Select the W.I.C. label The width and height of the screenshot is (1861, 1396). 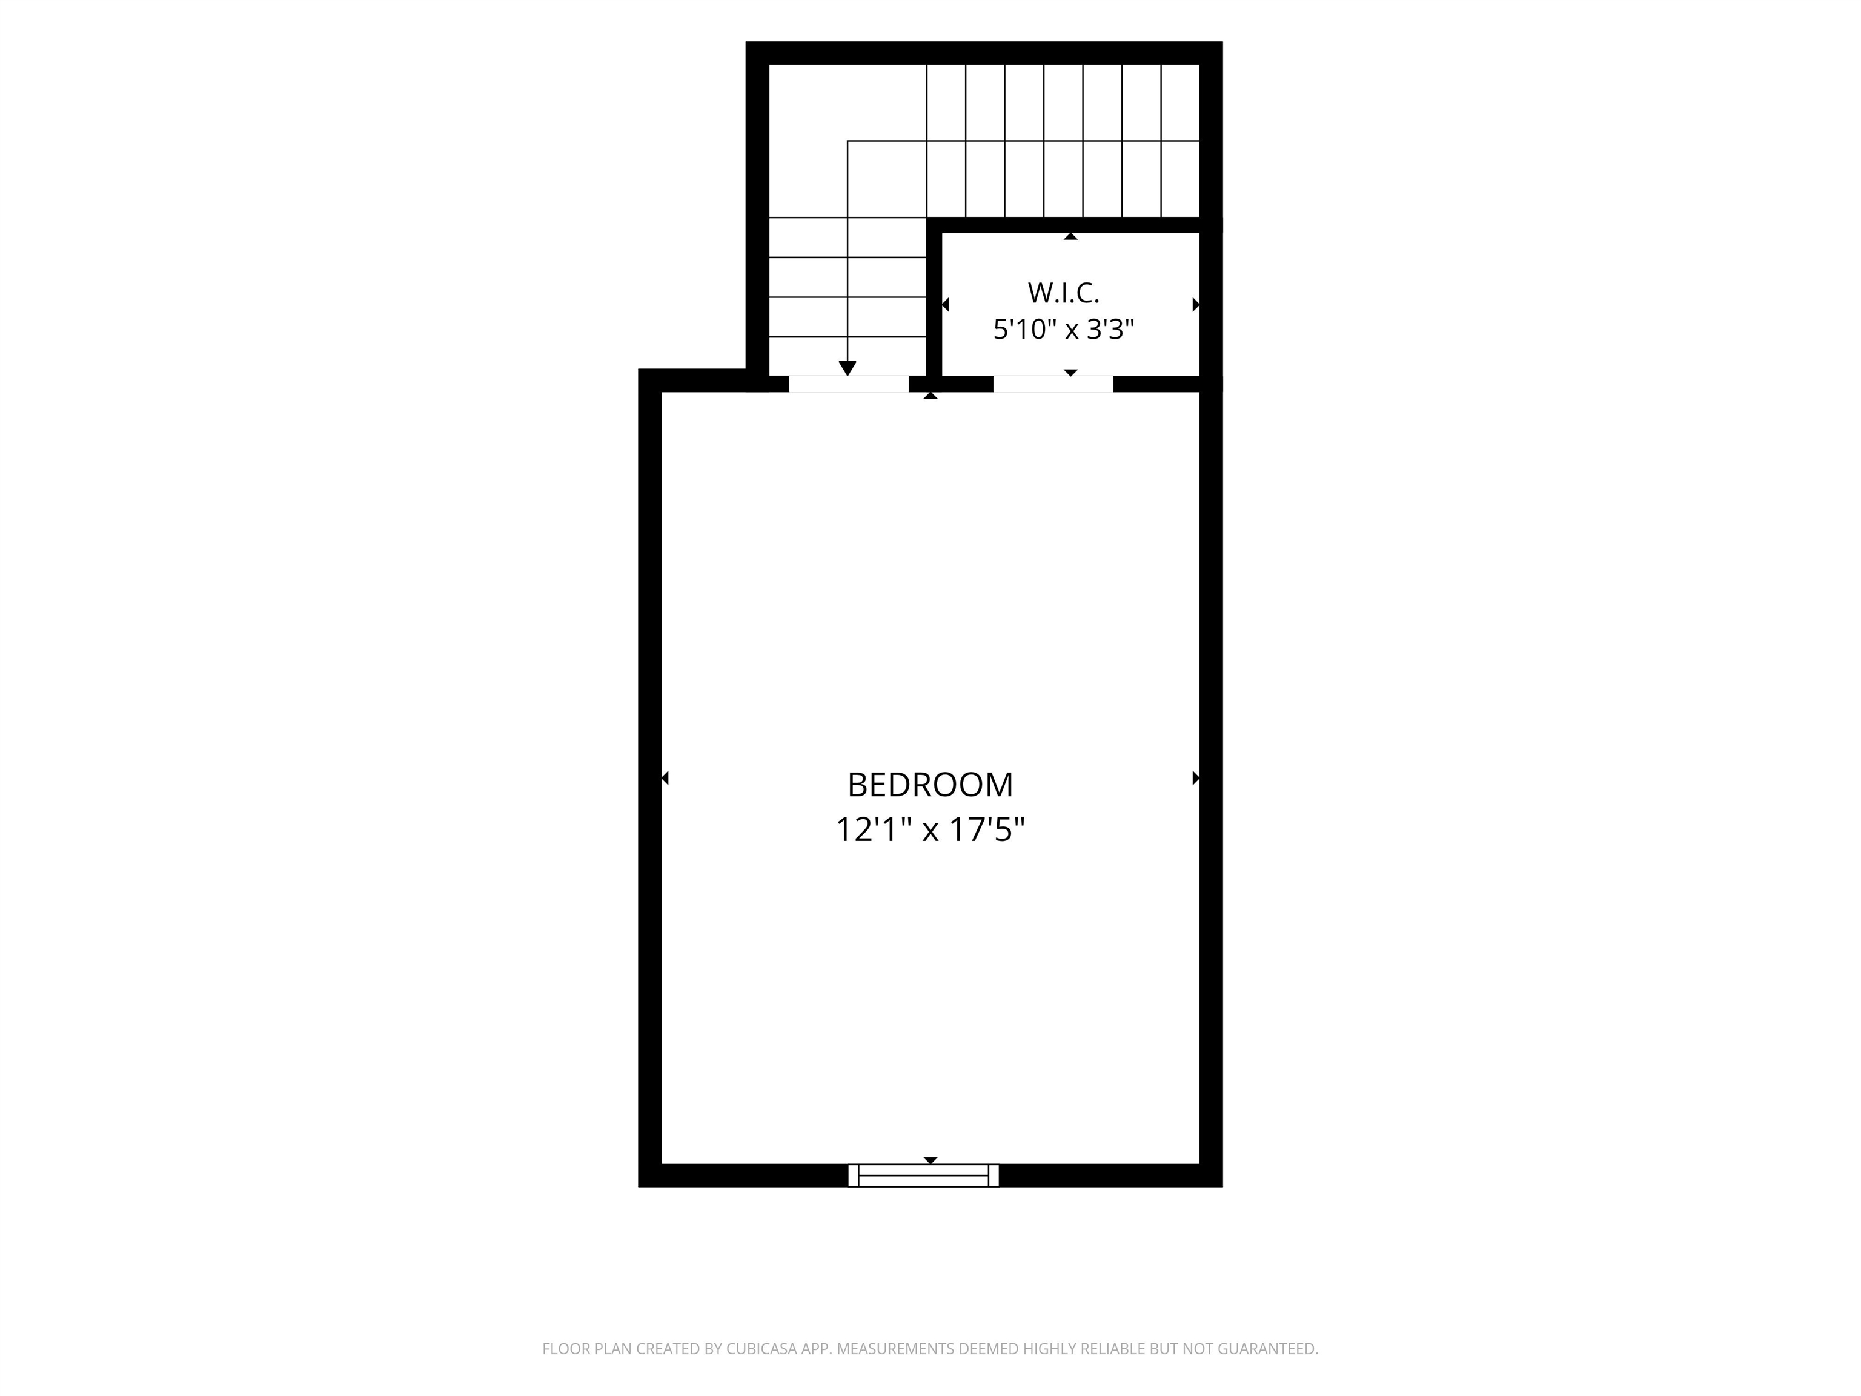pos(1063,293)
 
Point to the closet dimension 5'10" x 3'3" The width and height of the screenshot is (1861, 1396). pos(1063,329)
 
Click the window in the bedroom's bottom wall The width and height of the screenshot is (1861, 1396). pos(923,1175)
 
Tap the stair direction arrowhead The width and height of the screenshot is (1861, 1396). pos(848,368)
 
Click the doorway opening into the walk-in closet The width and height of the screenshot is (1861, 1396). pos(1053,384)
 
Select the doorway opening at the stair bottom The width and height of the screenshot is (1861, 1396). pos(849,384)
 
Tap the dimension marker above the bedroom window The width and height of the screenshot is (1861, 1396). pos(930,1160)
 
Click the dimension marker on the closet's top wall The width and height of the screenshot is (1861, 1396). pos(1070,236)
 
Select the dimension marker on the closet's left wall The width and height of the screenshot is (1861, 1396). pos(945,305)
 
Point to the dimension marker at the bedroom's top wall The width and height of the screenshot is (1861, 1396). pos(930,396)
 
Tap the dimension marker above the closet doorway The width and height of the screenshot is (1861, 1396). pos(1070,372)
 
